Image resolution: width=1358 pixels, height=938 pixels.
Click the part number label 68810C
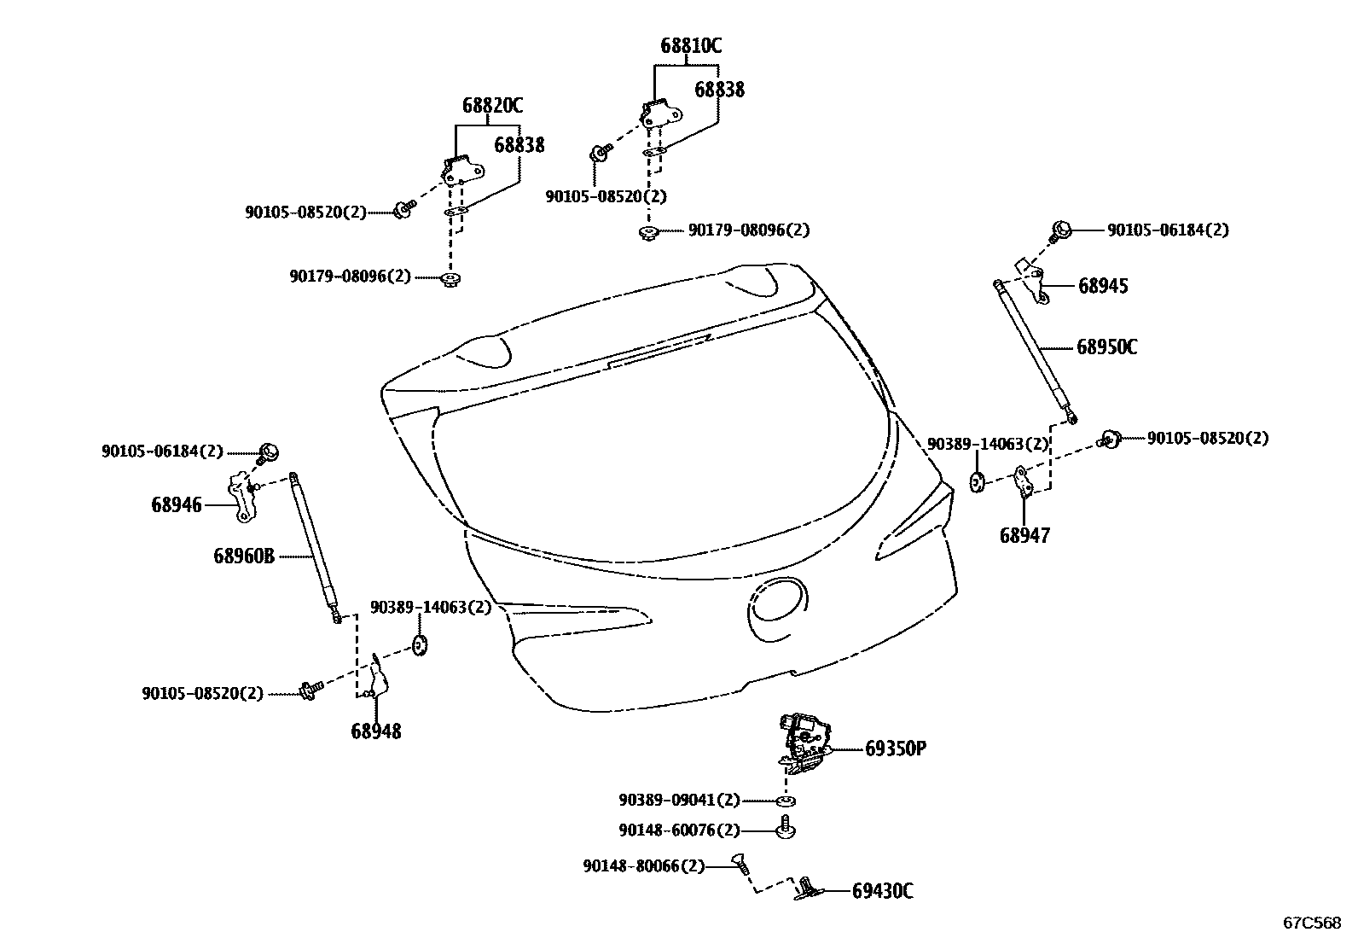690,46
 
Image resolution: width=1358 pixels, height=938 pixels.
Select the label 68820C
492,106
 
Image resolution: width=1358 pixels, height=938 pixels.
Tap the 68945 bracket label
1103,286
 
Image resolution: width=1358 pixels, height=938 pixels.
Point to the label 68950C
1106,347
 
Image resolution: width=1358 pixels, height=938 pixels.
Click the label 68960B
244,556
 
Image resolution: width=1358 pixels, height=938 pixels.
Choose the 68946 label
177,504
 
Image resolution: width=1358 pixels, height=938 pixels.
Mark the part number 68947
1024,536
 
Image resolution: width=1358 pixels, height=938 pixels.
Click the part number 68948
375,731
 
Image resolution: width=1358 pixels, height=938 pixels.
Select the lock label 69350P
896,749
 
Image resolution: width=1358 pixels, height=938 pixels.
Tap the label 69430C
882,892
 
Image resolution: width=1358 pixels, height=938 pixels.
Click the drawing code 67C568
1313,923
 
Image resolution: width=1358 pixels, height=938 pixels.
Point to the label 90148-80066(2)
644,866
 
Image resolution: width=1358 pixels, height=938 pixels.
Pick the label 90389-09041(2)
679,801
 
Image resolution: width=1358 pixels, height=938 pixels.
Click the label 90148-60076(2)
679,830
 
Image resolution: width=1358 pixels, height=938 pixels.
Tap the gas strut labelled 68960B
315,546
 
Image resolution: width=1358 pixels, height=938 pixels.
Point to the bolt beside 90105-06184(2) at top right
1061,230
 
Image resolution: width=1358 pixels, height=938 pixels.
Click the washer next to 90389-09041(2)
786,801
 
